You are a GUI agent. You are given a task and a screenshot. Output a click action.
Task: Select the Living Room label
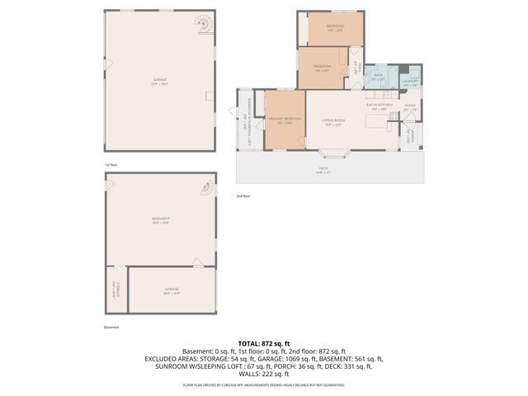[x=333, y=120]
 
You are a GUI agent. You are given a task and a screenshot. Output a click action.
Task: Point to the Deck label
[x=323, y=169]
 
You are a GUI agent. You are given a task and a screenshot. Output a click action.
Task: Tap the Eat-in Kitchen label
[x=379, y=106]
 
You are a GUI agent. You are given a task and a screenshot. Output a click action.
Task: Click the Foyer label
[x=409, y=106]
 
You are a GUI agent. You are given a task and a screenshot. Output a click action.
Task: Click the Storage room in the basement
[x=116, y=290]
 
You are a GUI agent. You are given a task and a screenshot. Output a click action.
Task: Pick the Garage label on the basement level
[x=171, y=290]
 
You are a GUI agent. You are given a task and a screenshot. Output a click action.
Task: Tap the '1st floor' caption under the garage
[x=111, y=164]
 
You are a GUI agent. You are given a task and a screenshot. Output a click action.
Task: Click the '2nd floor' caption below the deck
[x=243, y=196]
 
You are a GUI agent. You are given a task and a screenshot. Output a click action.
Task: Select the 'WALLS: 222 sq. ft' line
[x=263, y=374]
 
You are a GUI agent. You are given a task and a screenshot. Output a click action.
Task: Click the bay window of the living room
[x=334, y=153]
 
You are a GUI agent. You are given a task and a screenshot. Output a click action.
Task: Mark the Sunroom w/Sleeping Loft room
[x=245, y=120]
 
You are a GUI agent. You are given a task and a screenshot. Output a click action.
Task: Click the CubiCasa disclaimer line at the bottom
[x=263, y=384]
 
